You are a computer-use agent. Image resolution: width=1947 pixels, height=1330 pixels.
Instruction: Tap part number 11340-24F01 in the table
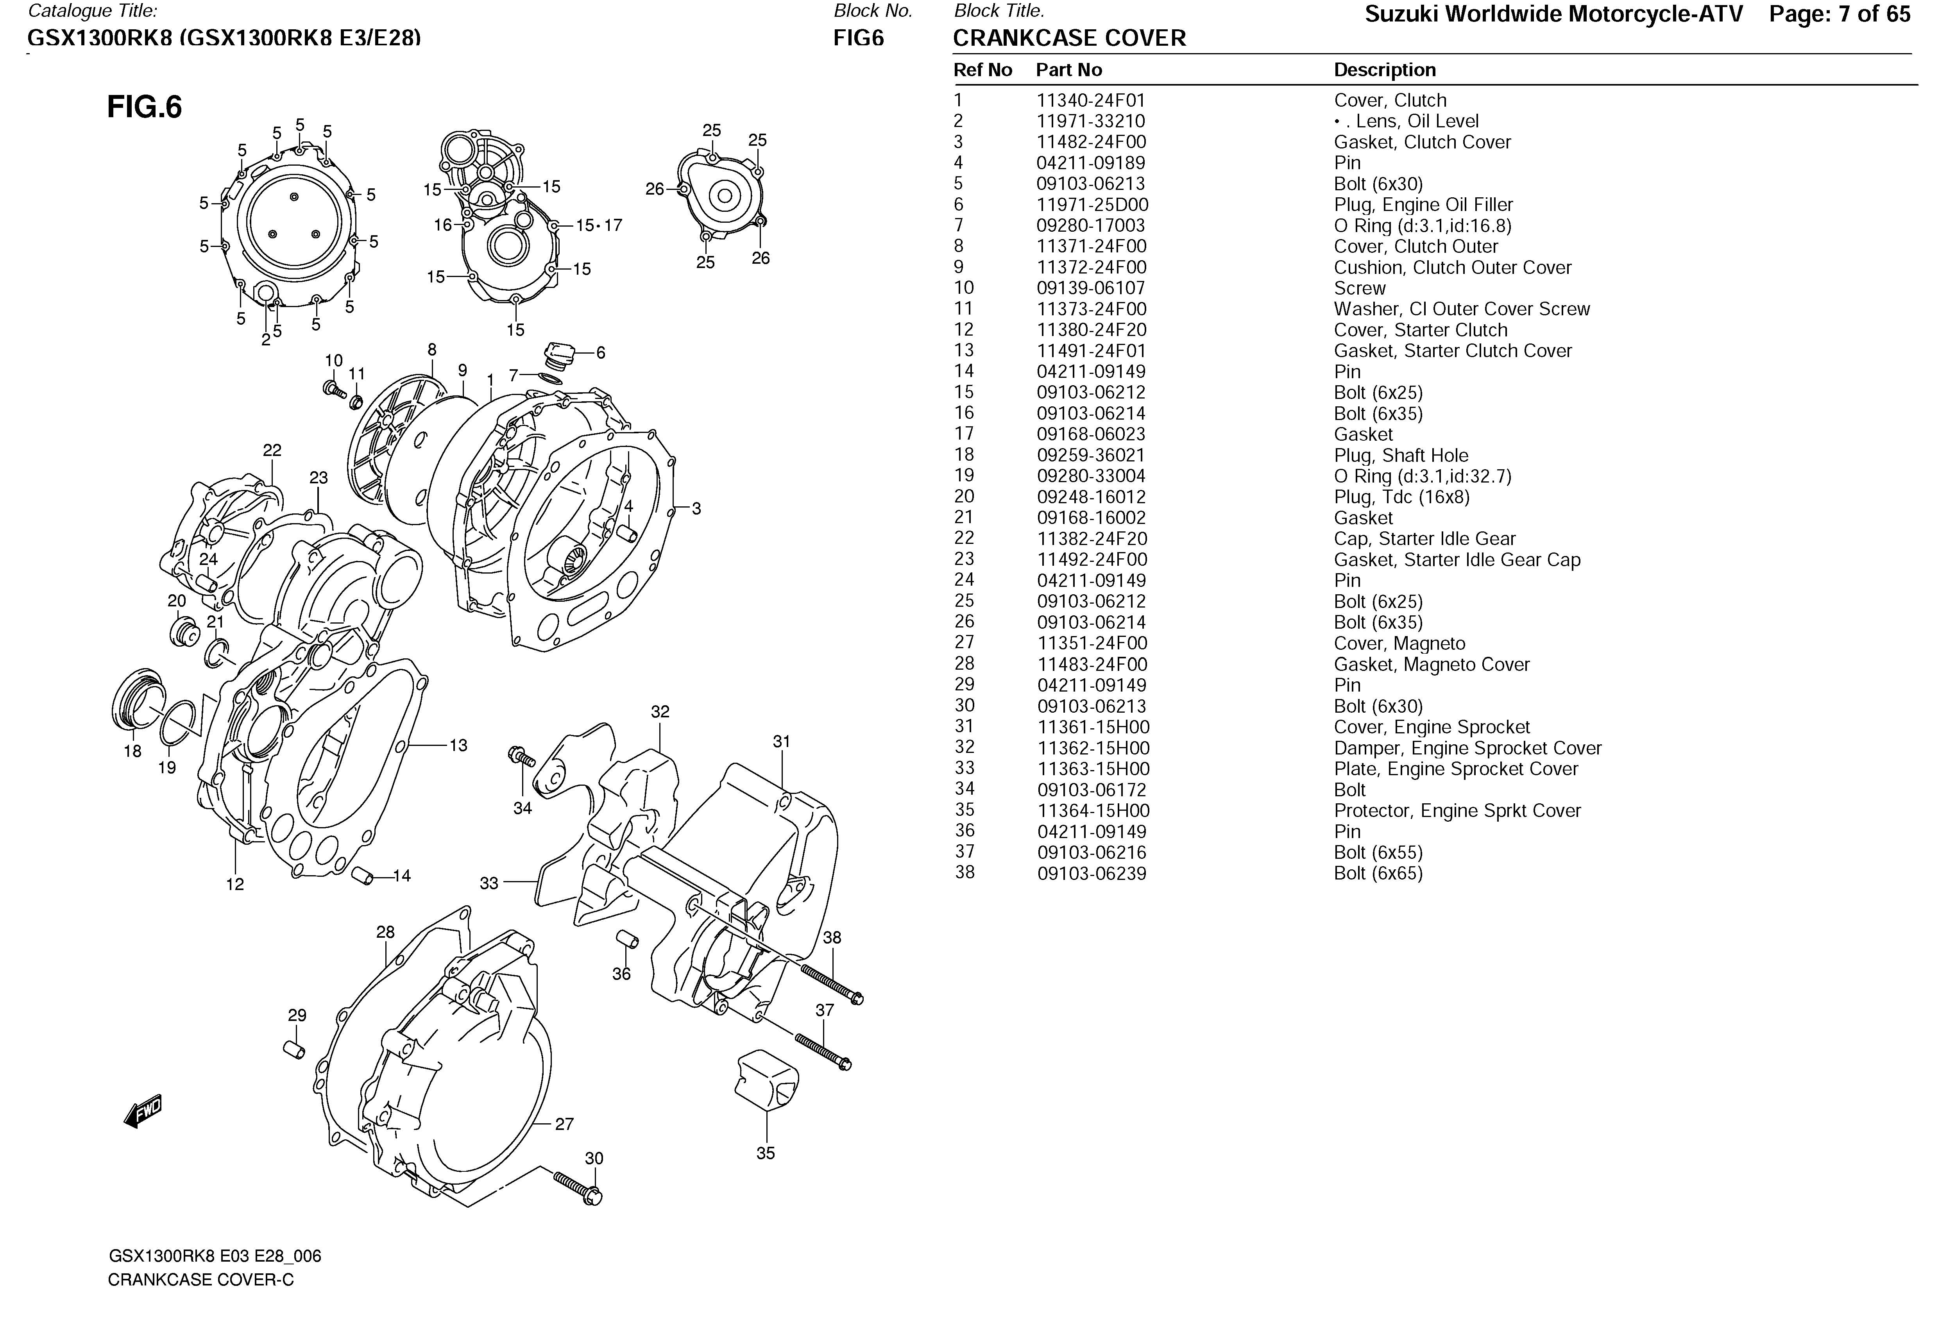[x=1091, y=100]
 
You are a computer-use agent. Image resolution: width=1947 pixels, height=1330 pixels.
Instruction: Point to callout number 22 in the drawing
[x=272, y=450]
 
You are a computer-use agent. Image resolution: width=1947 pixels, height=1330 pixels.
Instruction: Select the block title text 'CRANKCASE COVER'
[x=1069, y=39]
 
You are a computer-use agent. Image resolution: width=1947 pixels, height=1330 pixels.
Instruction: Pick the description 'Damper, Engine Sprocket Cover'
[x=1467, y=748]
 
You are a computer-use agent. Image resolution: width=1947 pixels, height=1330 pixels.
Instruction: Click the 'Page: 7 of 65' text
[x=1840, y=14]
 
